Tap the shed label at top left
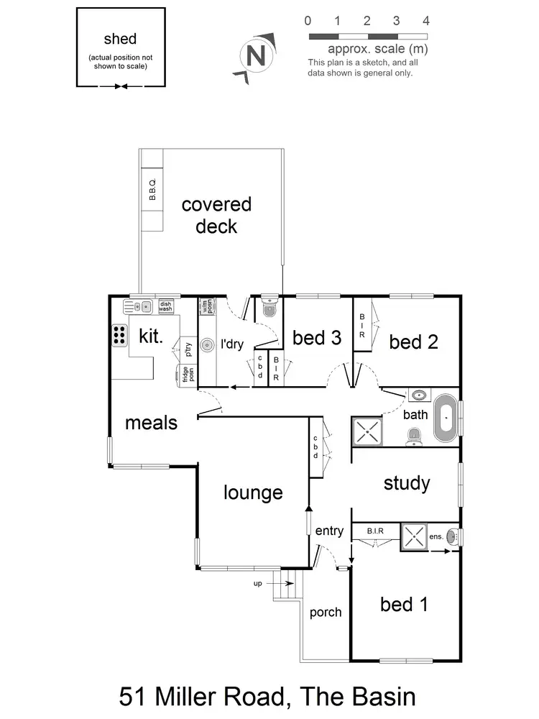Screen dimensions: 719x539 point(120,39)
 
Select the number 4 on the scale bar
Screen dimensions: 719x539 point(426,20)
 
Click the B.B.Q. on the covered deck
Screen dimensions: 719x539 point(152,189)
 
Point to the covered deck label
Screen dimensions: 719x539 point(216,215)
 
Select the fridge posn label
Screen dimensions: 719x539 point(186,375)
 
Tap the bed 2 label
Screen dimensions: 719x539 point(413,342)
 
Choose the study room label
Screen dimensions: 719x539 point(406,483)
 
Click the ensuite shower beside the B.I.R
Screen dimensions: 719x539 point(415,536)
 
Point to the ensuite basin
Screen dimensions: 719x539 point(452,536)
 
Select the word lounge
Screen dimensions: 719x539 point(252,493)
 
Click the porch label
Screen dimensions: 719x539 point(325,613)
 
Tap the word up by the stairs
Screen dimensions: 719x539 point(257,584)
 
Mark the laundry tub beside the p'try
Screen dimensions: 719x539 point(207,345)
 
